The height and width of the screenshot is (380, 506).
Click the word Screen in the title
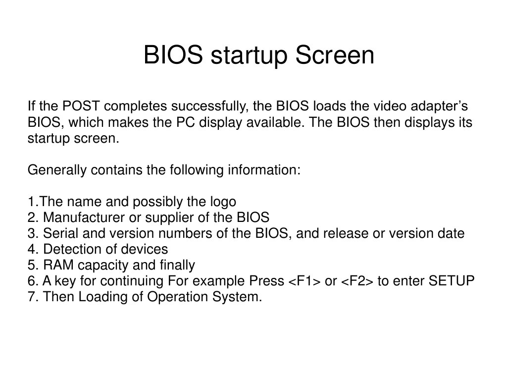point(335,55)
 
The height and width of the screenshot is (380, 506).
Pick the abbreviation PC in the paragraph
point(185,122)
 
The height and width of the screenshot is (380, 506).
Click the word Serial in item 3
point(57,233)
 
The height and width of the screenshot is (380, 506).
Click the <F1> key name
point(304,281)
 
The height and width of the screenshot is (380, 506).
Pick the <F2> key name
point(357,281)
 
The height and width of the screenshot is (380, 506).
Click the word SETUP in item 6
point(451,281)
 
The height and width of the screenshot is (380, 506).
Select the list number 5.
point(31,265)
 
